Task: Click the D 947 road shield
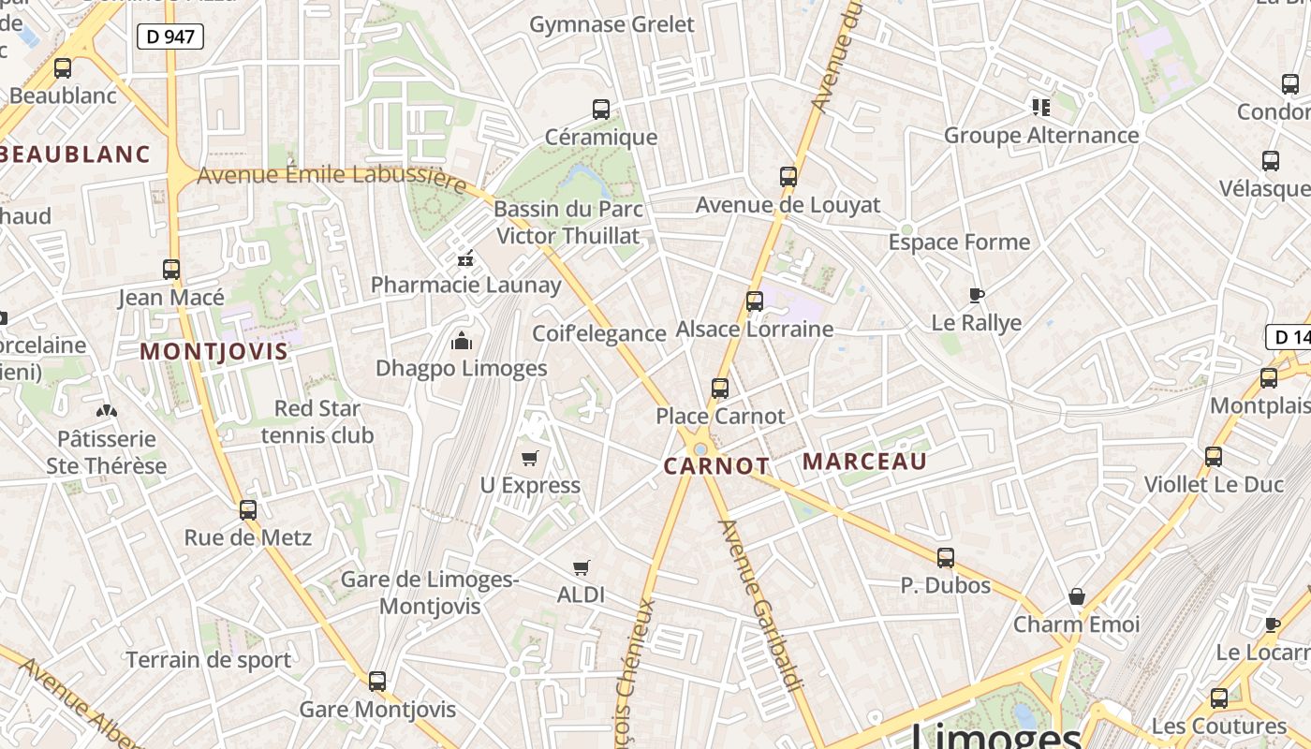click(170, 37)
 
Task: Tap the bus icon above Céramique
click(601, 110)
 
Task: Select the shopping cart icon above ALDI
click(581, 567)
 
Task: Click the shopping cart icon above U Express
click(530, 458)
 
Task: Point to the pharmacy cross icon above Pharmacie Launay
click(465, 258)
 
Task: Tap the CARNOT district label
click(716, 466)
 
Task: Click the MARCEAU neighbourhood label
click(864, 462)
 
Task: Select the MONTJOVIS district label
click(214, 352)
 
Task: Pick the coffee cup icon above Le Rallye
click(976, 296)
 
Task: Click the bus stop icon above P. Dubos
click(946, 558)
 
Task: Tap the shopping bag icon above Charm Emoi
click(1077, 596)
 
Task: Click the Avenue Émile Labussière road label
click(331, 178)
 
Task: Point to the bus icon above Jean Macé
click(171, 270)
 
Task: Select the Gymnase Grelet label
click(612, 24)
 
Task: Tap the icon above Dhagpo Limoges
click(462, 341)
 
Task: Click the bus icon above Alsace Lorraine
click(755, 301)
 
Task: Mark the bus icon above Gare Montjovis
click(377, 682)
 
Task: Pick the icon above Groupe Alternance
click(1040, 108)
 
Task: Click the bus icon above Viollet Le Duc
click(1214, 457)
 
